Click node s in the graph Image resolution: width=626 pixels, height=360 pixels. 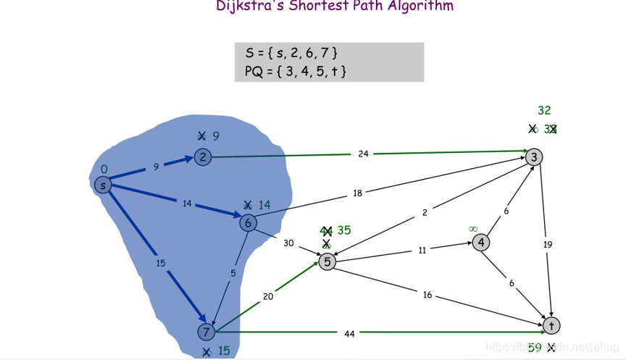[x=103, y=185]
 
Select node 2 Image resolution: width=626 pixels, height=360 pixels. [x=202, y=156]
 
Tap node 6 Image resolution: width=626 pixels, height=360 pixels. [x=248, y=223]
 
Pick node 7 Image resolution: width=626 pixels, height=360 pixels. [x=206, y=332]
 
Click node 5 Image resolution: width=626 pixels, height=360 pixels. [x=327, y=261]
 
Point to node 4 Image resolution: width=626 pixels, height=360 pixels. [x=481, y=242]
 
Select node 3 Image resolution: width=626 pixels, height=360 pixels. [x=535, y=156]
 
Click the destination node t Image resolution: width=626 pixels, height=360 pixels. [x=551, y=325]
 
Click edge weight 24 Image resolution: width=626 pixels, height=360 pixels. [x=363, y=154]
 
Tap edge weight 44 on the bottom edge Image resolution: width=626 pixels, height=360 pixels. [x=349, y=333]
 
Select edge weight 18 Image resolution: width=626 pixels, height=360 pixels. [x=357, y=193]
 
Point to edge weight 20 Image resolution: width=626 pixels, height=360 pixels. [x=268, y=296]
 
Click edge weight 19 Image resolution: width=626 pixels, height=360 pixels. [x=548, y=245]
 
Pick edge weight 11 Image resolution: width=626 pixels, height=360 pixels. [x=422, y=250]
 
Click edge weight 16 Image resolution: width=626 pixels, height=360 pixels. [x=427, y=295]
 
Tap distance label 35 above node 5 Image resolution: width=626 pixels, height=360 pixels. [x=344, y=230]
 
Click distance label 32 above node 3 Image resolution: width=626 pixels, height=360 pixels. [x=544, y=111]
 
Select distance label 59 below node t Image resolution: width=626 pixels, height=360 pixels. [x=535, y=348]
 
